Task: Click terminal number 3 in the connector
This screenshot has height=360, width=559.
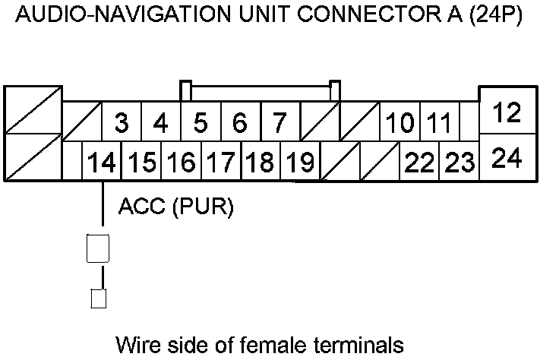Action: [122, 122]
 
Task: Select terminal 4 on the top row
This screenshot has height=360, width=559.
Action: [160, 122]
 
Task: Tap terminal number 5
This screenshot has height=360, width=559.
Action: [201, 122]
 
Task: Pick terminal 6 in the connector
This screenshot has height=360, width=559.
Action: [240, 122]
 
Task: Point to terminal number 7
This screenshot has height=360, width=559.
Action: [279, 122]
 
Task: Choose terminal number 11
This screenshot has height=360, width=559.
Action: [440, 122]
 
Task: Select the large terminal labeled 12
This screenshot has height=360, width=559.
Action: [507, 113]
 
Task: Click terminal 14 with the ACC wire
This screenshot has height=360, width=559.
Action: [102, 162]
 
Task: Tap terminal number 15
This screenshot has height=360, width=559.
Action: [141, 162]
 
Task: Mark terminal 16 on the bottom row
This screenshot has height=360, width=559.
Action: [181, 162]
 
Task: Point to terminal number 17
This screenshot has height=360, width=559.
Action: [220, 162]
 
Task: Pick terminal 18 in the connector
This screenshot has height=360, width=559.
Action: [260, 162]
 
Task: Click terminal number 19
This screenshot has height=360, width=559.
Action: [300, 162]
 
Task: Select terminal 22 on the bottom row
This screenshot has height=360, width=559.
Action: [420, 162]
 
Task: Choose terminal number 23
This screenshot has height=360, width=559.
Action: [460, 162]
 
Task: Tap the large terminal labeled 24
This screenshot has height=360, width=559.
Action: [507, 159]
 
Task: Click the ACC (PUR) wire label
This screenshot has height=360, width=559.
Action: [176, 207]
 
